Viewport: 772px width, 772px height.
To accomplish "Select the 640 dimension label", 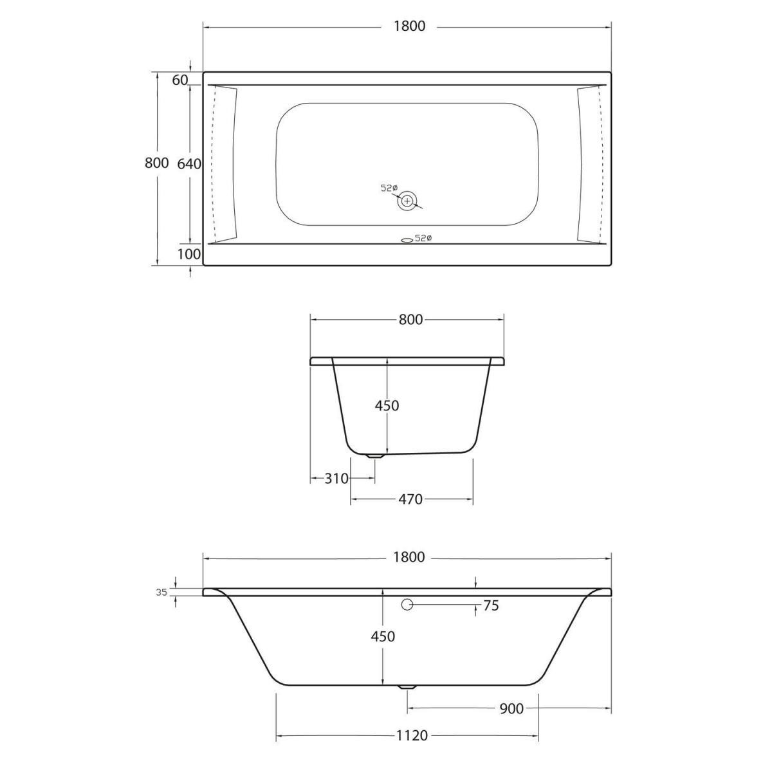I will [x=189, y=163].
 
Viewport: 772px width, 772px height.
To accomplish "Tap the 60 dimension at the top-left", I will [x=179, y=80].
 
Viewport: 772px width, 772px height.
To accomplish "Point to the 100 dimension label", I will [x=189, y=254].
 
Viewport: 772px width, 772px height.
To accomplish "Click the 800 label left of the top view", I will [x=156, y=163].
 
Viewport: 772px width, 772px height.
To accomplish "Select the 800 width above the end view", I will [x=410, y=319].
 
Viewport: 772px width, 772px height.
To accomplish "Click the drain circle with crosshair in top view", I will [x=407, y=201].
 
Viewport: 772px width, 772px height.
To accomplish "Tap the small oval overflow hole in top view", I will [x=406, y=239].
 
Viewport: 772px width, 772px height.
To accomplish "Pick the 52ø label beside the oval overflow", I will [x=423, y=239].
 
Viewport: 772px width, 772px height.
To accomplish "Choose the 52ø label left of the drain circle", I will [x=389, y=188].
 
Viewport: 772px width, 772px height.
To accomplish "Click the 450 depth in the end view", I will [x=387, y=406].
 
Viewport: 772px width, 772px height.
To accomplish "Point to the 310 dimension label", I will [x=336, y=479].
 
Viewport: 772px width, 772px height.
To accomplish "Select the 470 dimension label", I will [x=410, y=499].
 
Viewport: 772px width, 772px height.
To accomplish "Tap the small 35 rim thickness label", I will [x=161, y=593].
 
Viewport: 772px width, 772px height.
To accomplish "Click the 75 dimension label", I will [x=490, y=605].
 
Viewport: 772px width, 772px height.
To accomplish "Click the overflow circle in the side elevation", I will [x=407, y=605].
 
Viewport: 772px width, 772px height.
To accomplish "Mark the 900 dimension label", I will [x=511, y=708].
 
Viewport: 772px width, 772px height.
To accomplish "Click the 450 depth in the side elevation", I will [x=383, y=636].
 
